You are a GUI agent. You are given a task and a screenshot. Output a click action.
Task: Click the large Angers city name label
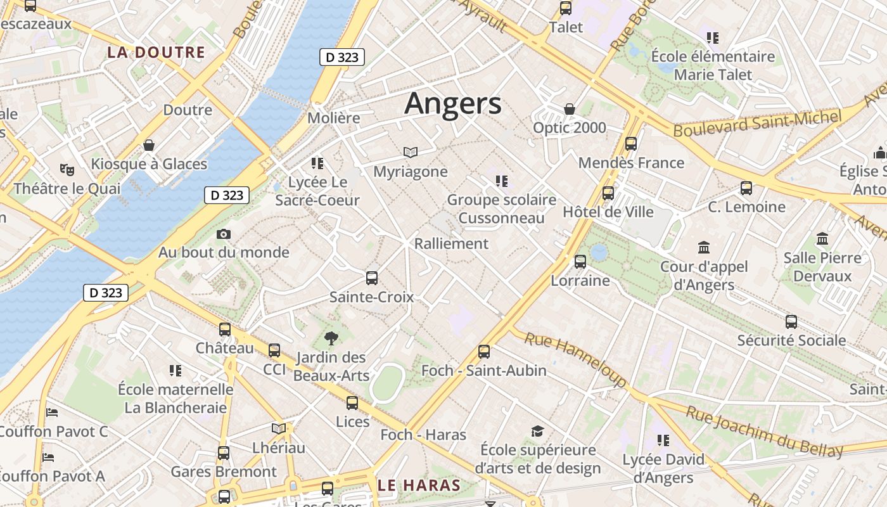[452, 103]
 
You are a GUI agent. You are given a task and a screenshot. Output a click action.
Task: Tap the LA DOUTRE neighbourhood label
[156, 53]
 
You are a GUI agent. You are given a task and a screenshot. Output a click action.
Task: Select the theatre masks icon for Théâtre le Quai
[67, 169]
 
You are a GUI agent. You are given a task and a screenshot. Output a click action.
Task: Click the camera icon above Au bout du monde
[223, 234]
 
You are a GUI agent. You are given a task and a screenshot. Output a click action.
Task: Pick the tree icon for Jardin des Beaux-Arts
[331, 338]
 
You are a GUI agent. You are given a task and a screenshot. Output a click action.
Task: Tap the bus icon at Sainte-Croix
[372, 278]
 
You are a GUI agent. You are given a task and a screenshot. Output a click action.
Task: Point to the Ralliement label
[451, 244]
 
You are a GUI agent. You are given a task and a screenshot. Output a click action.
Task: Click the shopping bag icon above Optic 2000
[570, 109]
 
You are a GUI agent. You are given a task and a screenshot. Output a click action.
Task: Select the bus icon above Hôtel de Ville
[608, 193]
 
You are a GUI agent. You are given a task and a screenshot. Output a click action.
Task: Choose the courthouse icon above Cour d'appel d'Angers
[704, 247]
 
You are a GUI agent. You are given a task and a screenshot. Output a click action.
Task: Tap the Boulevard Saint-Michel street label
[758, 122]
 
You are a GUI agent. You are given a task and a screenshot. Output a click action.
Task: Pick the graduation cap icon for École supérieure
[537, 432]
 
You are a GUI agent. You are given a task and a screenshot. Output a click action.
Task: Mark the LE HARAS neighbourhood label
[419, 486]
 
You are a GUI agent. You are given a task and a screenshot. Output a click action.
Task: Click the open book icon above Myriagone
[411, 152]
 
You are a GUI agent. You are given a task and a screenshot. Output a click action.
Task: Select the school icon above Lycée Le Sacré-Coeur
[317, 164]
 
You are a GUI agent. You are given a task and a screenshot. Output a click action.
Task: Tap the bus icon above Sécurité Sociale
[791, 321]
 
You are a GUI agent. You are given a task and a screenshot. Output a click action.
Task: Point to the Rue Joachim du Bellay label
[765, 432]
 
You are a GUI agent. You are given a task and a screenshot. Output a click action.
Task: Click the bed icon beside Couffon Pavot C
[53, 413]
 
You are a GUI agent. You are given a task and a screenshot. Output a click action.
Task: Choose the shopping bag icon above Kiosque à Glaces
[149, 145]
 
